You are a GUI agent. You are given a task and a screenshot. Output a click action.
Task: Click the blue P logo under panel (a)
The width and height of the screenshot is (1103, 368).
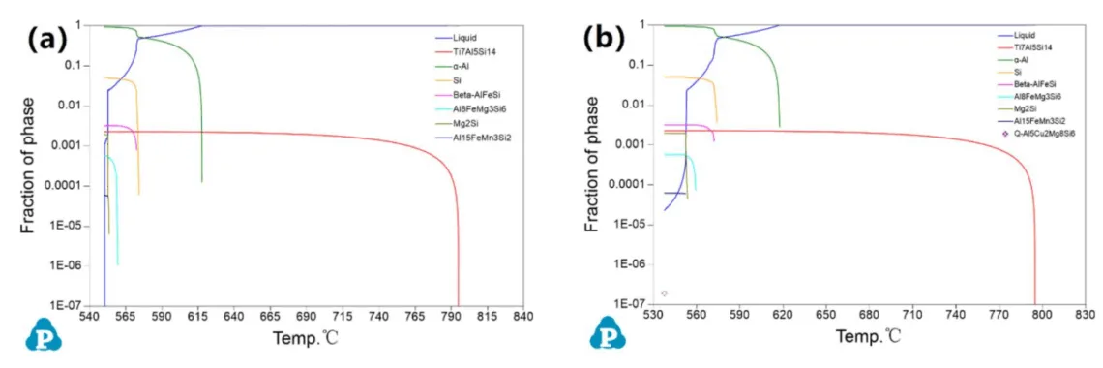[44, 333]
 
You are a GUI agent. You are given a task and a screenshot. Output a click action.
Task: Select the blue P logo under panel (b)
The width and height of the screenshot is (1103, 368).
[608, 332]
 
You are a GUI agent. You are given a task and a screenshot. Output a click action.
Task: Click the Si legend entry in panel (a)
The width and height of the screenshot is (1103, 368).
[457, 80]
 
